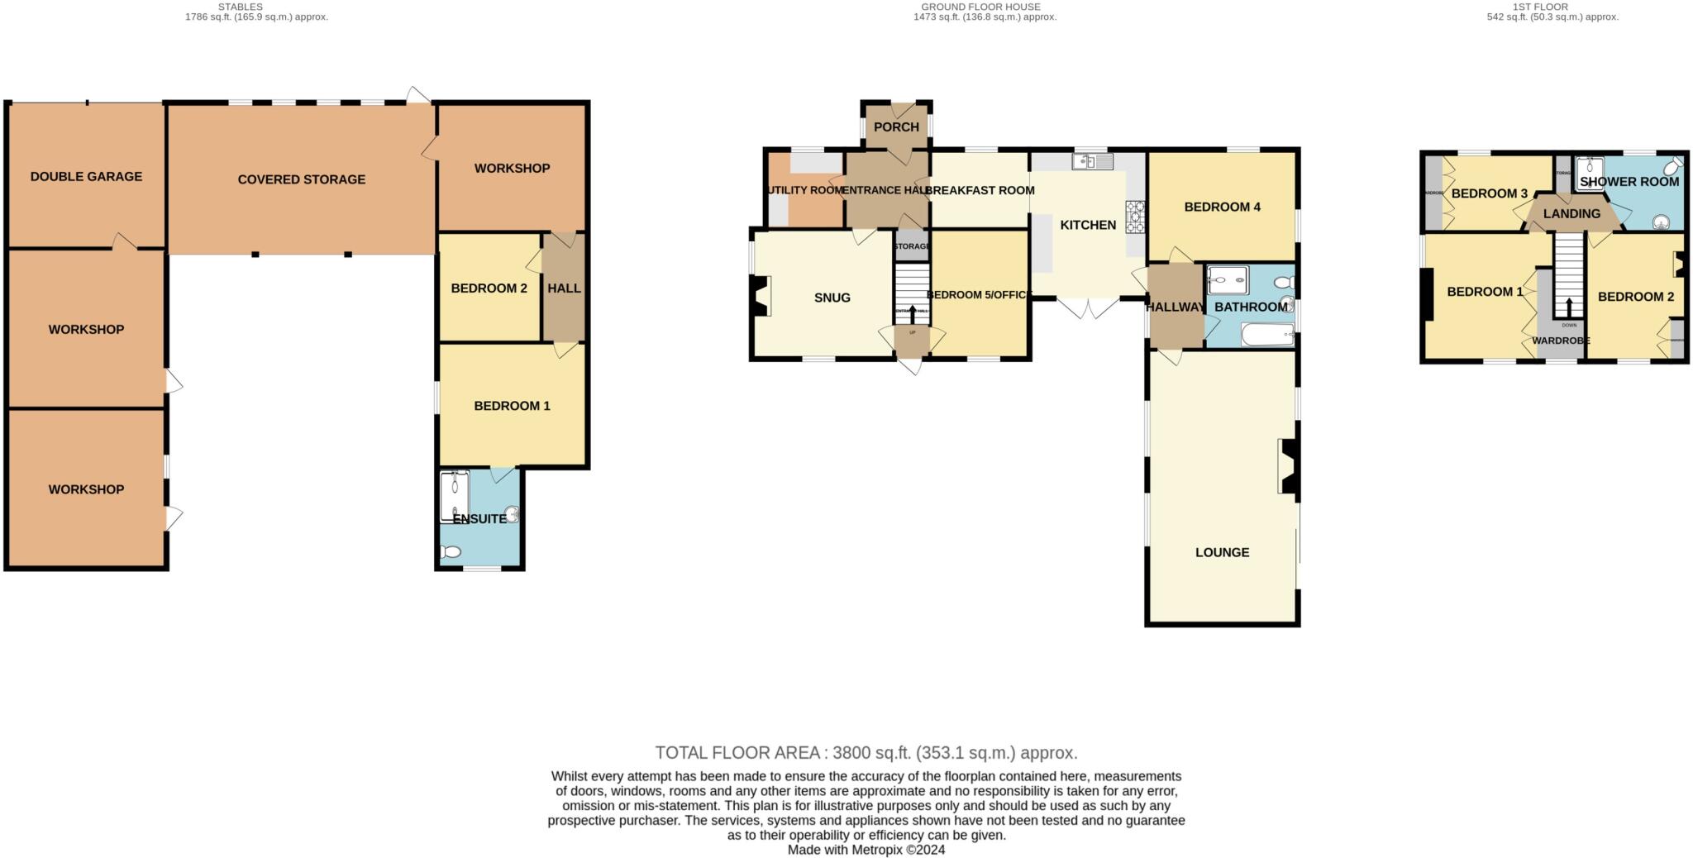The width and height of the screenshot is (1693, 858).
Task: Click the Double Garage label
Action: [86, 176]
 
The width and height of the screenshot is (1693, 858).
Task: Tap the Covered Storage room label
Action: [301, 179]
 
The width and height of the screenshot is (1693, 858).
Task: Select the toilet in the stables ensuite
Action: [451, 552]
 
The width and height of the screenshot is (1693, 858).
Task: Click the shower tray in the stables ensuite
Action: [455, 497]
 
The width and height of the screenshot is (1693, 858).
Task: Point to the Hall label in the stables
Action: [564, 288]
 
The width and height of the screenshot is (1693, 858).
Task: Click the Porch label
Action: [896, 126]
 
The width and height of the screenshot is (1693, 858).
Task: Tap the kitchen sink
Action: [1092, 161]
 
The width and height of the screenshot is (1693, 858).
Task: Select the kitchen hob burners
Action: [1135, 217]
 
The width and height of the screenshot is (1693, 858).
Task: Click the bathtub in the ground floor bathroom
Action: [1267, 335]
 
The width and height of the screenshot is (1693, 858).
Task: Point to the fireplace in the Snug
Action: [760, 296]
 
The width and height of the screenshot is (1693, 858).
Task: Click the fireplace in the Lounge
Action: [1288, 466]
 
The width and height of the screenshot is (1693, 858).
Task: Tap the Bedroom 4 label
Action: [1222, 207]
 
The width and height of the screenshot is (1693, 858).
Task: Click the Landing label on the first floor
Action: [1571, 213]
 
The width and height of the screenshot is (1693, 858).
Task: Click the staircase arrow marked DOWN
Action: [1568, 307]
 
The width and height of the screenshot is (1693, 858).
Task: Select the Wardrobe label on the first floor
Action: [1561, 341]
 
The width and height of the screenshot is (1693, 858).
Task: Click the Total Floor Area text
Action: [866, 753]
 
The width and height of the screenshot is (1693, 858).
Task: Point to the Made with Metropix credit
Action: [866, 850]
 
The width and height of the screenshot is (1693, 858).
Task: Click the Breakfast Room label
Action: [980, 190]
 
